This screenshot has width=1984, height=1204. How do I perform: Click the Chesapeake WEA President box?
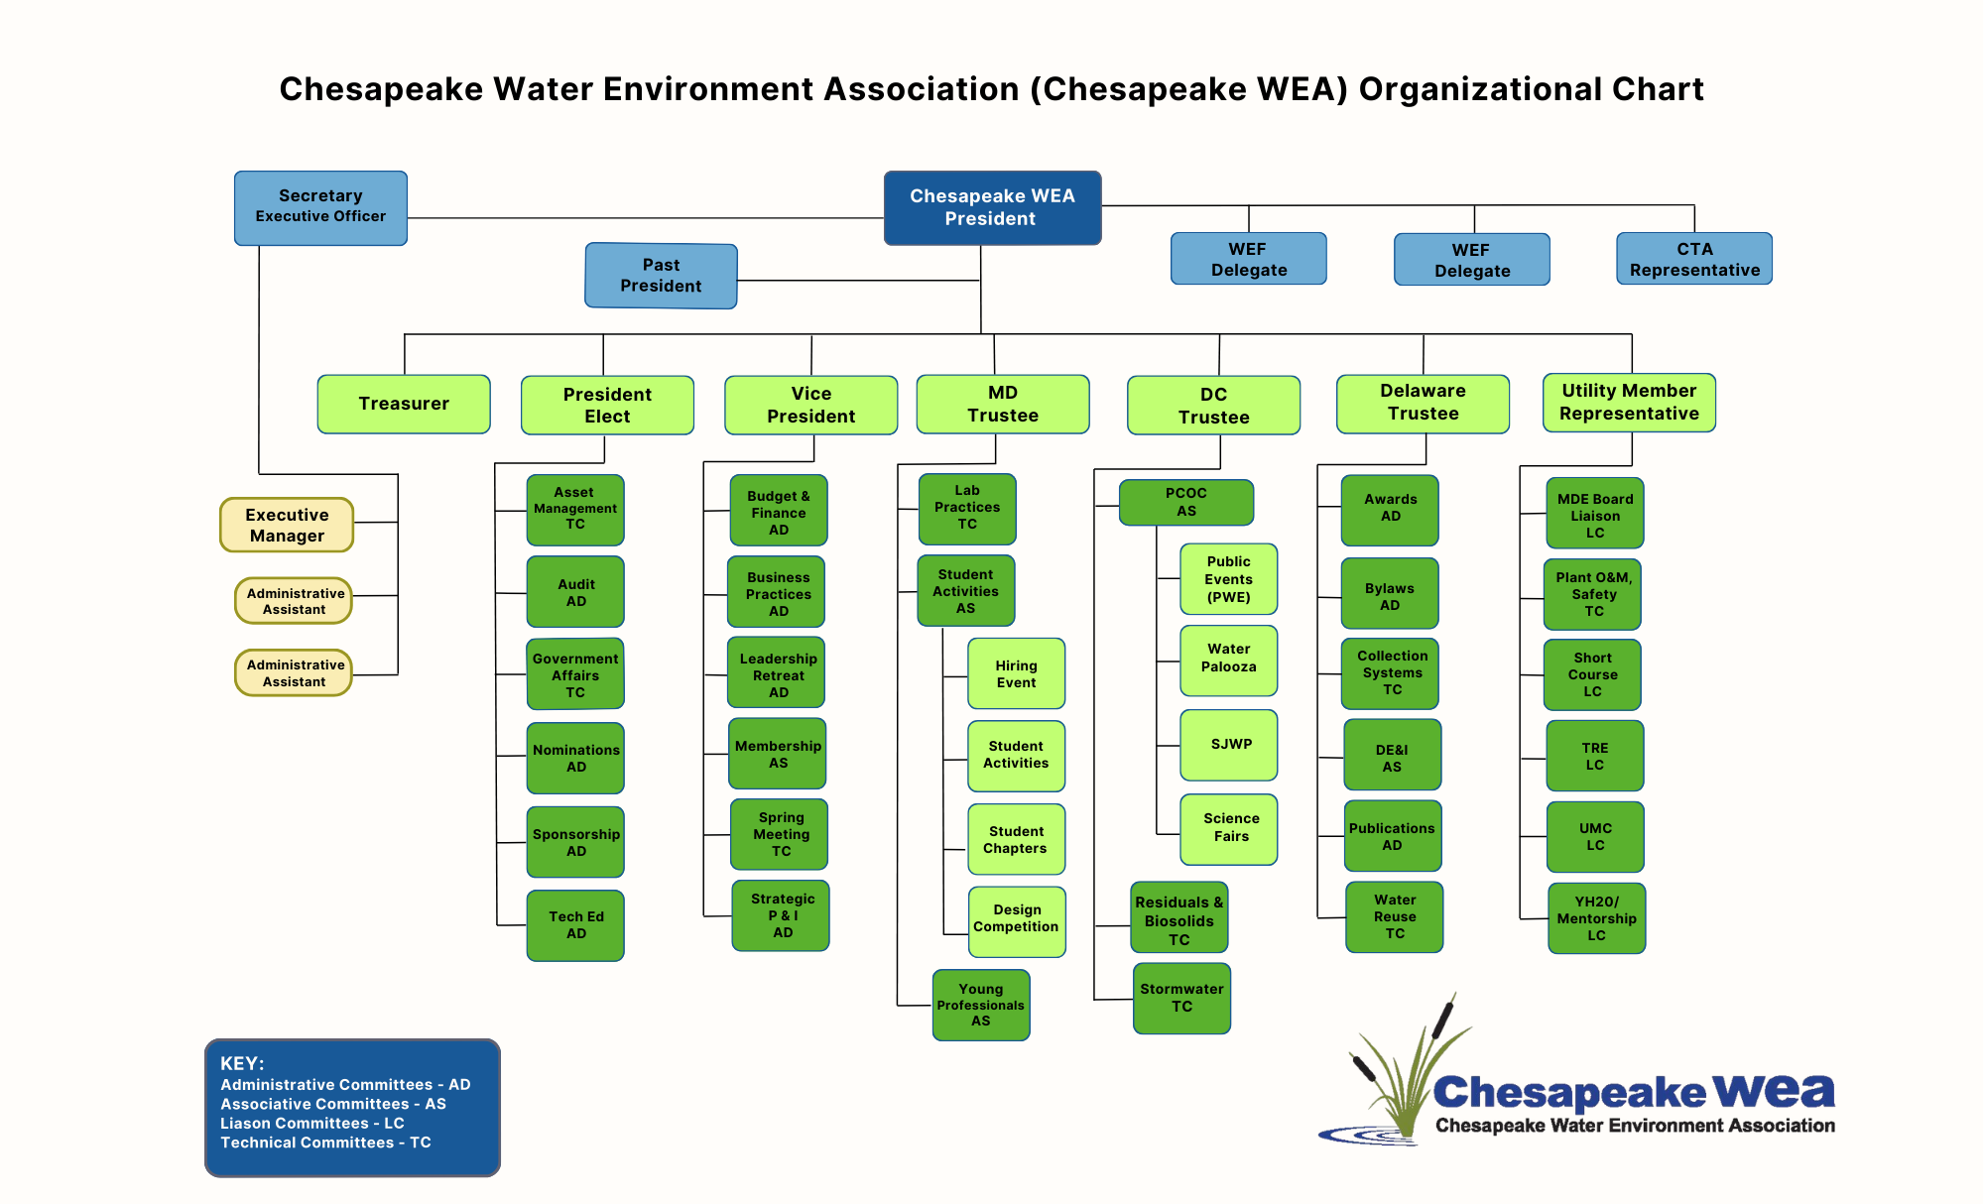pyautogui.click(x=992, y=207)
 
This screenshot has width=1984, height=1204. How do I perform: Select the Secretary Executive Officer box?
pyautogui.click(x=320, y=207)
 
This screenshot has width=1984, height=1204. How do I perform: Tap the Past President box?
pyautogui.click(x=661, y=276)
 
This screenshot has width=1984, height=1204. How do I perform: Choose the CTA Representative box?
pyautogui.click(x=1694, y=259)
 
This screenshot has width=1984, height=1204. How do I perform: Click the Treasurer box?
pyautogui.click(x=404, y=404)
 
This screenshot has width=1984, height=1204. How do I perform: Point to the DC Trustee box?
pyautogui.click(x=1213, y=405)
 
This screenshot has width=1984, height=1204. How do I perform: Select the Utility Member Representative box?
pyautogui.click(x=1629, y=402)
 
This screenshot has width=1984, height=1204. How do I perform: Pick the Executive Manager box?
pyautogui.click(x=287, y=525)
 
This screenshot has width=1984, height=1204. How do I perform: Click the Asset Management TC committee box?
pyautogui.click(x=575, y=509)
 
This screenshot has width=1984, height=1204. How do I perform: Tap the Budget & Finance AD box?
pyautogui.click(x=779, y=512)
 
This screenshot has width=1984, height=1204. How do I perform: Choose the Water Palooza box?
pyautogui.click(x=1229, y=660)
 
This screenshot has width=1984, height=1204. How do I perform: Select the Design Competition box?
pyautogui.click(x=1017, y=920)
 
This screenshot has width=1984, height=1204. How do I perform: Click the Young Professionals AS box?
pyautogui.click(x=981, y=1005)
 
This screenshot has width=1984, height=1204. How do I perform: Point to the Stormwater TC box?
pyautogui.click(x=1181, y=998)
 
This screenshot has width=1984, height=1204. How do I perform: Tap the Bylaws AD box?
pyautogui.click(x=1390, y=594)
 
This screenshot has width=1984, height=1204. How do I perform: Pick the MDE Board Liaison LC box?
pyautogui.click(x=1595, y=515)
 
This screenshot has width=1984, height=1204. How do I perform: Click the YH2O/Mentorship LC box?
pyautogui.click(x=1597, y=918)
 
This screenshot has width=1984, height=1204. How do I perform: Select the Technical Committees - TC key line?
pyautogui.click(x=325, y=1143)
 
